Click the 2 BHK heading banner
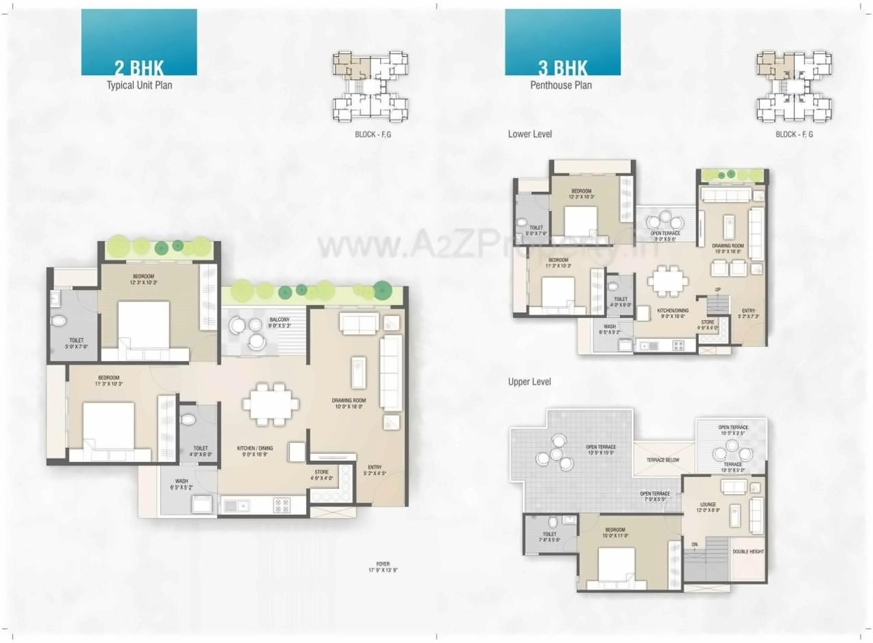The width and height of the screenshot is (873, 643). (x=139, y=42)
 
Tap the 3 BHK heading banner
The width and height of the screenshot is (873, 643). (x=562, y=42)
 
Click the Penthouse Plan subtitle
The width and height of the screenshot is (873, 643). (x=561, y=85)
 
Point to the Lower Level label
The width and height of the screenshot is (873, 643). (x=530, y=134)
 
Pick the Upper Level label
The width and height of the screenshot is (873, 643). (x=530, y=382)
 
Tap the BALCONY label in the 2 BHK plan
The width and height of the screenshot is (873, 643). (x=279, y=319)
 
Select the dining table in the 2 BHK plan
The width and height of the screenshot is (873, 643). (x=271, y=403)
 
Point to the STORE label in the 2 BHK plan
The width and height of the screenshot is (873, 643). (x=322, y=472)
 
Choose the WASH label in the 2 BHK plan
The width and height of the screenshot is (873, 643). (x=181, y=481)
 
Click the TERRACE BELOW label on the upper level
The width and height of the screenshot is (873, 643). (x=663, y=460)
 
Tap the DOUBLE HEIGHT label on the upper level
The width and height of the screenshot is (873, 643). (x=748, y=552)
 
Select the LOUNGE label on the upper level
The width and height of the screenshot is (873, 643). (x=707, y=506)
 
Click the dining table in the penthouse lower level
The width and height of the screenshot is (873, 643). (x=668, y=281)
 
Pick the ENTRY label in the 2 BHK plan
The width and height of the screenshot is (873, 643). (x=374, y=468)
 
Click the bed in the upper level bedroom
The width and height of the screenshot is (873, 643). (x=617, y=565)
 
